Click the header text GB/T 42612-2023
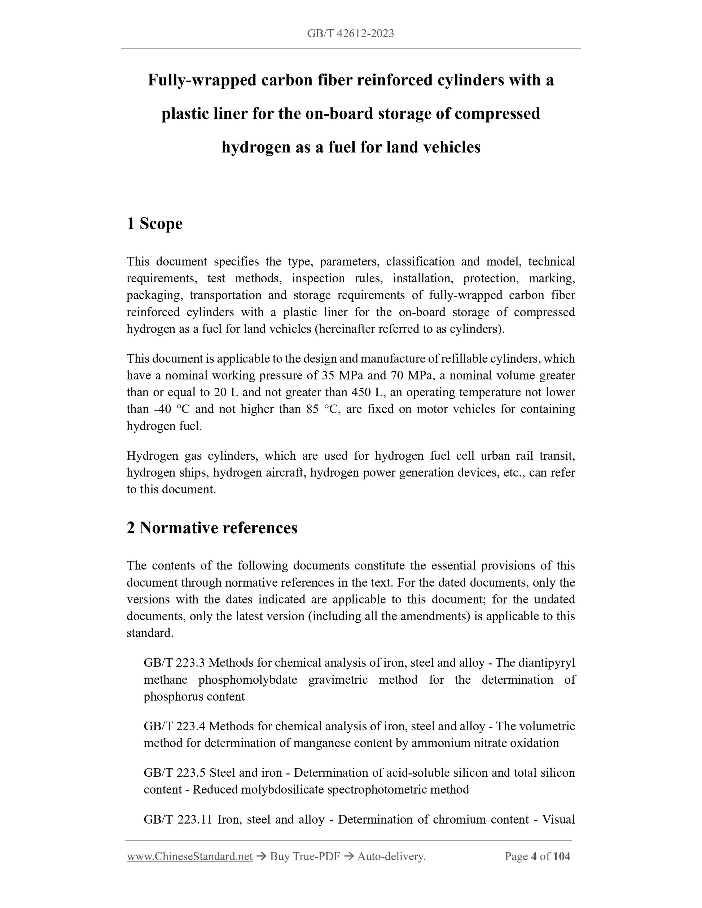tap(351, 34)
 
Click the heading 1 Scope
tap(155, 224)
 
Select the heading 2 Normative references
tap(212, 528)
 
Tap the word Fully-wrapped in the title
tap(202, 80)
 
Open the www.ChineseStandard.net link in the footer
tap(190, 856)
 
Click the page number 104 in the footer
tap(562, 856)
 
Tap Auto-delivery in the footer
tap(391, 856)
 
